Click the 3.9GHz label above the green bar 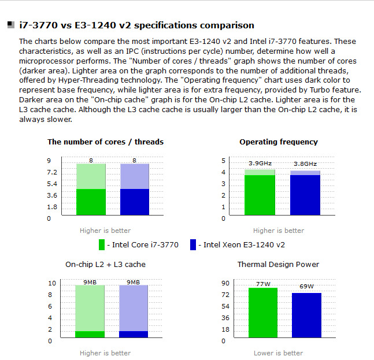(x=259, y=164)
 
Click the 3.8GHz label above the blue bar (x=305, y=164)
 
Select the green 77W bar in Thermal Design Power (x=263, y=312)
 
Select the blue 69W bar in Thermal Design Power (x=306, y=315)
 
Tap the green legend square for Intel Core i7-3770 (x=102, y=244)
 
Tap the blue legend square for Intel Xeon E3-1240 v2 (x=193, y=244)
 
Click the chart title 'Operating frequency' (x=278, y=142)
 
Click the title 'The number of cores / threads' (x=105, y=142)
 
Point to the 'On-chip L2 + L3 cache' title (x=105, y=264)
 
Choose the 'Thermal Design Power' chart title (x=278, y=264)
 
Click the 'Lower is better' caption (x=278, y=353)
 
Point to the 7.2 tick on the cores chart (x=52, y=172)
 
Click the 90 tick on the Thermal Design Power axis (x=225, y=283)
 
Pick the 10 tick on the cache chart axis (x=51, y=283)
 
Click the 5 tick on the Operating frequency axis (x=223, y=161)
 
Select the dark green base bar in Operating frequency (x=259, y=196)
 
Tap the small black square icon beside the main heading (x=11, y=25)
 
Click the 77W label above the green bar (x=263, y=284)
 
